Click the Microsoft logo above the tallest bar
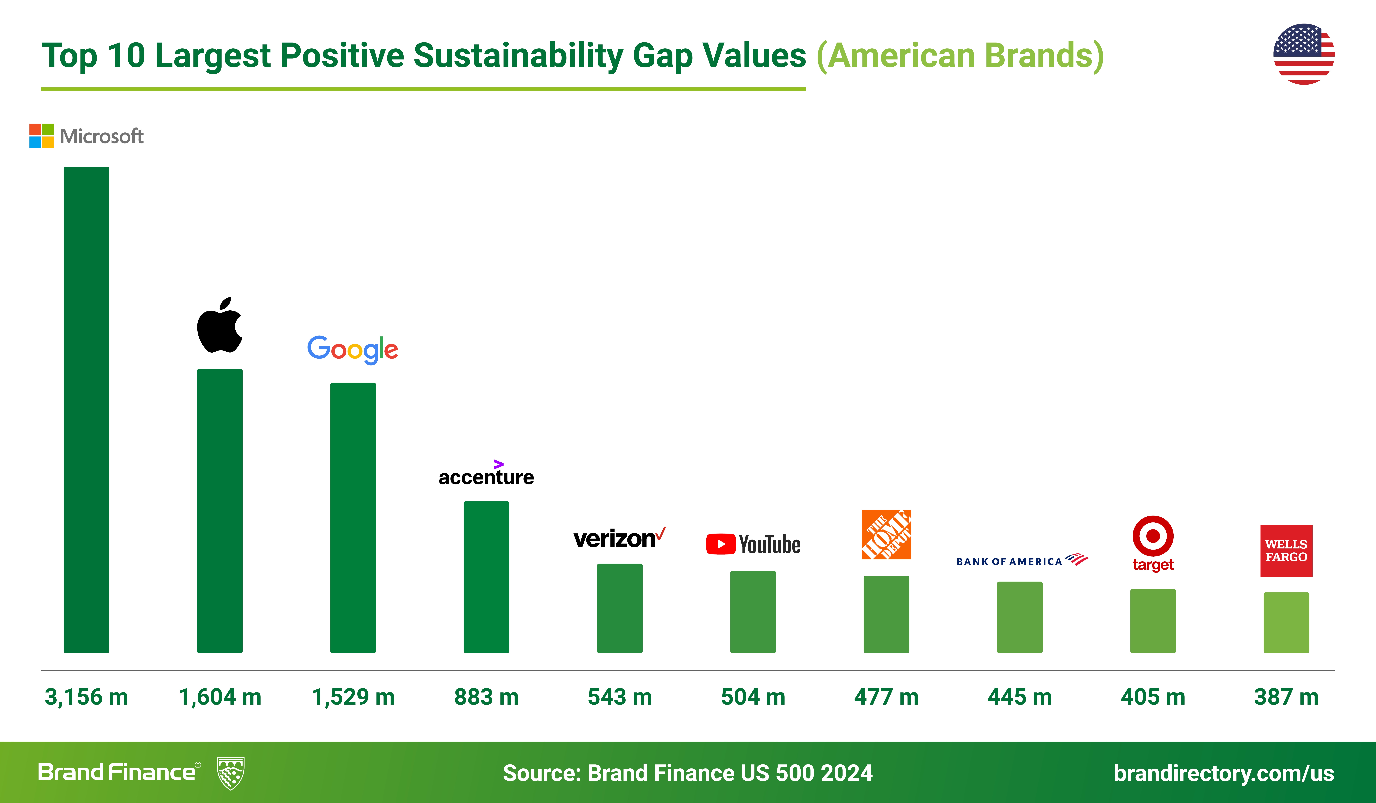click(x=86, y=136)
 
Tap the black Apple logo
click(x=219, y=326)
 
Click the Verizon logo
click(x=619, y=538)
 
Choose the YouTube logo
click(x=753, y=544)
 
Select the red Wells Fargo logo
click(x=1286, y=551)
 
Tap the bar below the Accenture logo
click(x=486, y=577)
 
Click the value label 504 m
click(x=753, y=697)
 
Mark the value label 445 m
click(x=1019, y=697)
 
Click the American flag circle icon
click(x=1304, y=54)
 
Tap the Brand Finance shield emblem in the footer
click(x=230, y=773)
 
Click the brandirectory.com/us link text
click(x=1224, y=773)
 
